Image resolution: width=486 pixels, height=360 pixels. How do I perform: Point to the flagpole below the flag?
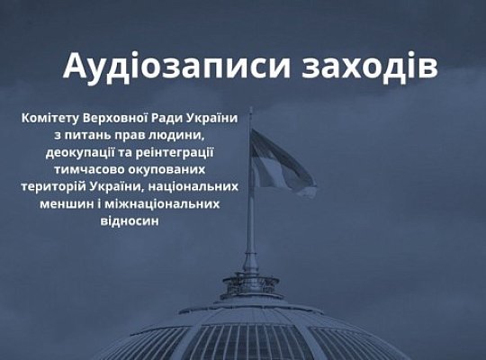(251, 225)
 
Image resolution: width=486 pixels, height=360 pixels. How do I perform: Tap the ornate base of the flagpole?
(251, 283)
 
